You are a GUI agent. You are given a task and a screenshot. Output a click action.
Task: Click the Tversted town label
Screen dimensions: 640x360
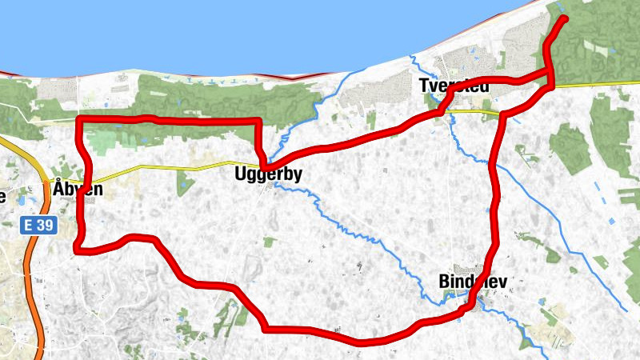point(453,86)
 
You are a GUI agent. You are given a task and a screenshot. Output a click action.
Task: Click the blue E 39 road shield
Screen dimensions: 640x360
point(38,226)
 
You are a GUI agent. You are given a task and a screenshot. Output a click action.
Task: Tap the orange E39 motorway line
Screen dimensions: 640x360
point(32,264)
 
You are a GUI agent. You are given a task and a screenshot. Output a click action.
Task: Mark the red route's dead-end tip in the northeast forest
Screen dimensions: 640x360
point(565,18)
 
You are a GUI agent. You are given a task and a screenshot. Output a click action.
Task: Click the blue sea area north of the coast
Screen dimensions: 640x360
point(240,32)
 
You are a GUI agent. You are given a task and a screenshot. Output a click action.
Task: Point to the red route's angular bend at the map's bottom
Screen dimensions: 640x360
point(265,326)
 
